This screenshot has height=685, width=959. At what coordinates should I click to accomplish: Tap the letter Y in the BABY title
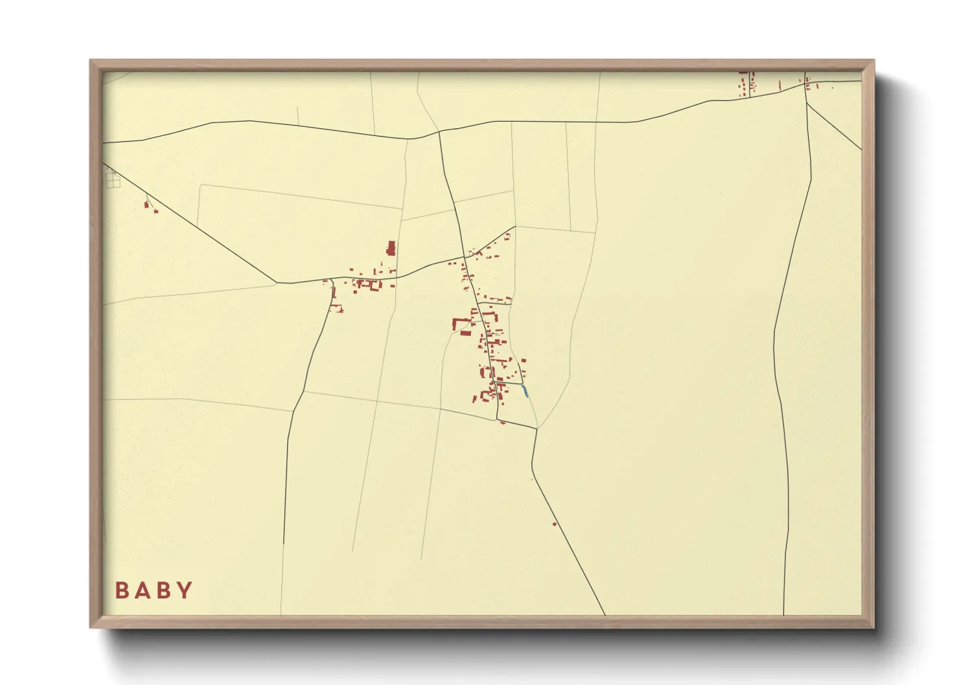pyautogui.click(x=185, y=590)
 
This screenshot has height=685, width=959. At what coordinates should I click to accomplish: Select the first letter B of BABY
pyautogui.click(x=122, y=590)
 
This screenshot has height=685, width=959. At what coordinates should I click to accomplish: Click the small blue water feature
pyautogui.click(x=525, y=390)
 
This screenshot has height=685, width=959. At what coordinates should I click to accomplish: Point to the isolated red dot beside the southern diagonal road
pyautogui.click(x=555, y=524)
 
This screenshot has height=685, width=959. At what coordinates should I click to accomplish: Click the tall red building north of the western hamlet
pyautogui.click(x=391, y=249)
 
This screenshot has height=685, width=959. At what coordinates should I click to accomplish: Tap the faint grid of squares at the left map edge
pyautogui.click(x=113, y=179)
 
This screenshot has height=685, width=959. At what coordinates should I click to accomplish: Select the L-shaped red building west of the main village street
pyautogui.click(x=460, y=323)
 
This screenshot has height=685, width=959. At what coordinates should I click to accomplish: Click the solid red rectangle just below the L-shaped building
pyautogui.click(x=466, y=333)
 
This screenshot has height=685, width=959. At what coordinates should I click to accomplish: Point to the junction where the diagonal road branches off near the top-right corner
pyautogui.click(x=807, y=103)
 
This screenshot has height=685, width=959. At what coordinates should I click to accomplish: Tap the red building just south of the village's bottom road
pyautogui.click(x=503, y=422)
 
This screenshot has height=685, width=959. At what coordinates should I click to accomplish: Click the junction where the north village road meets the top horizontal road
pyautogui.click(x=439, y=132)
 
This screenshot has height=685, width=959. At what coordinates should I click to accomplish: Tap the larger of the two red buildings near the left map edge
pyautogui.click(x=146, y=205)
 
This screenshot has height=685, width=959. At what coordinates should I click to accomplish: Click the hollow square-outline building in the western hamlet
pyautogui.click(x=373, y=284)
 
